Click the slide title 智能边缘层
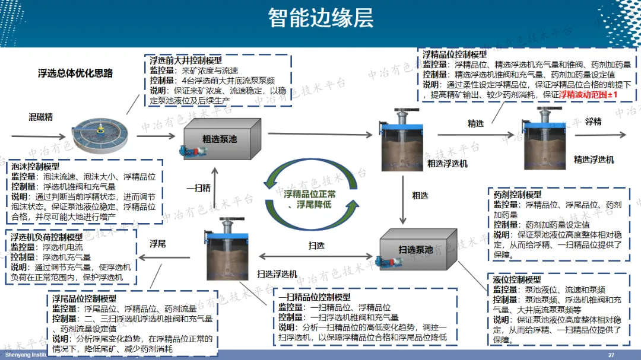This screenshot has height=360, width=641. coord(320,18)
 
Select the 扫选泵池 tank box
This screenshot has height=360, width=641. coord(416,249)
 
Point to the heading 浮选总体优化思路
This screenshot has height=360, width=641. coord(75,74)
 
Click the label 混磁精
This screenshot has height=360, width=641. coord(40,117)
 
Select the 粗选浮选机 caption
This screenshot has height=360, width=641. coord(447,163)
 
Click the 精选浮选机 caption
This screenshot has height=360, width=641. coord(594,160)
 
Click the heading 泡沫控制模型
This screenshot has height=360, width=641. coord(36,167)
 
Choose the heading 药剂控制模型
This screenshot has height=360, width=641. coord(517,195)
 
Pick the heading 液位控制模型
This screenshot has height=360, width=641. coord(517,279)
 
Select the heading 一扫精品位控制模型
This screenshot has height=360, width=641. coord(315,297)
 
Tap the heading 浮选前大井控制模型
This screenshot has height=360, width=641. coord(186,60)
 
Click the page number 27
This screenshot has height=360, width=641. coord(611,355)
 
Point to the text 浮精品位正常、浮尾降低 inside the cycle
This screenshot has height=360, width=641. coord(309,199)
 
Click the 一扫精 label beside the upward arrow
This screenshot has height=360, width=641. coord(199,188)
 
